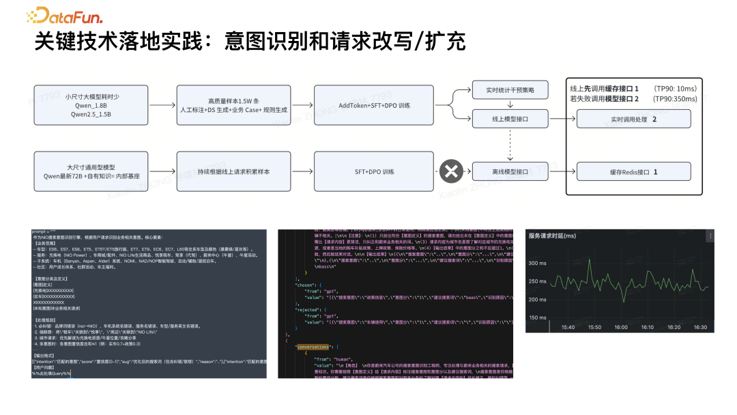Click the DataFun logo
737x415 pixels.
[66, 15]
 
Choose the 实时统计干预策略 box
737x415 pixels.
[510, 90]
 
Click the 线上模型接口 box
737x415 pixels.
[510, 119]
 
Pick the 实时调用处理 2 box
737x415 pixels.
[634, 119]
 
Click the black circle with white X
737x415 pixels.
[450, 171]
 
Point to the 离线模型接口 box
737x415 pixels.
[510, 171]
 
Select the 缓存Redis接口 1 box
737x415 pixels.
[634, 171]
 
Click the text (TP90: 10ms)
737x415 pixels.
[676, 89]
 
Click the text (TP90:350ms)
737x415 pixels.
[676, 99]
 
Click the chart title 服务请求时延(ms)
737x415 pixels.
[552, 235]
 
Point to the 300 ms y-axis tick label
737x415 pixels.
[538, 263]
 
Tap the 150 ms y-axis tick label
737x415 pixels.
[538, 317]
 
